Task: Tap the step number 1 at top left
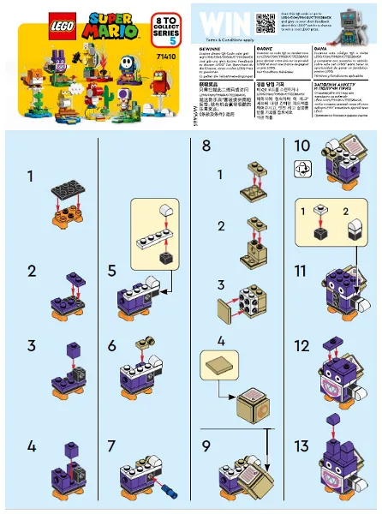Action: pos(30,176)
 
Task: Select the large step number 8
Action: pos(206,146)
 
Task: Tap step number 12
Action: pos(301,346)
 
